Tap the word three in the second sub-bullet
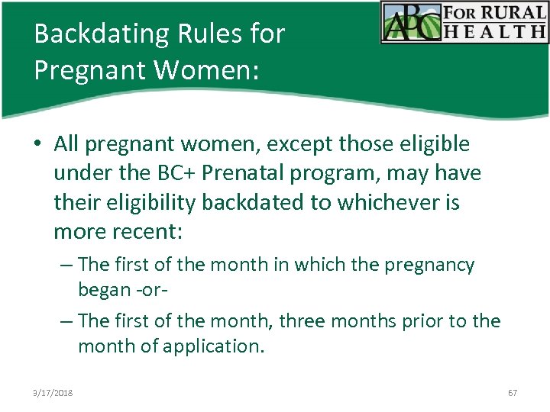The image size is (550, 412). pyautogui.click(x=306, y=321)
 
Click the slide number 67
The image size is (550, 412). pyautogui.click(x=512, y=393)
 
